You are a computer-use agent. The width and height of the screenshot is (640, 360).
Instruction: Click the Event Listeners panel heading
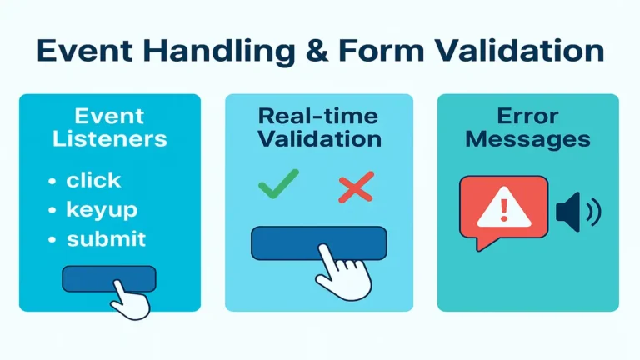point(110,127)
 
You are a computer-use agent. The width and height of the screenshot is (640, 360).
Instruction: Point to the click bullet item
point(93,180)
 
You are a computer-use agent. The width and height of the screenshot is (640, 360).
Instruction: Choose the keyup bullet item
point(102,210)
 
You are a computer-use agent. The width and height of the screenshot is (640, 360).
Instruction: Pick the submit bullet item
point(106,239)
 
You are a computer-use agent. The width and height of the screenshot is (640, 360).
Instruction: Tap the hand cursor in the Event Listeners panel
point(131,297)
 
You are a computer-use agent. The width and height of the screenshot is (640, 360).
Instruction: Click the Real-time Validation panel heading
point(319,127)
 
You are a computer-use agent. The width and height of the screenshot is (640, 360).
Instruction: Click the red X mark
point(356,187)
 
